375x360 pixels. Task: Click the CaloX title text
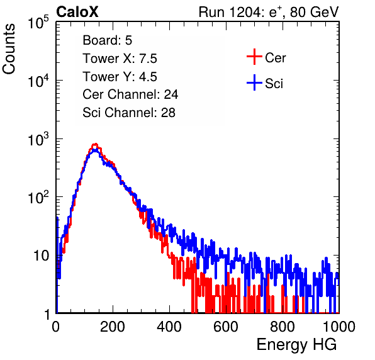tap(77, 12)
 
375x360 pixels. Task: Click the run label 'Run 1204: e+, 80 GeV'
tap(269, 12)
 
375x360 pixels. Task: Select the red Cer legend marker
tap(254, 57)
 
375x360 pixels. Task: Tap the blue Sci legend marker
tap(254, 83)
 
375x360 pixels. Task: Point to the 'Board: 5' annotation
tap(108, 40)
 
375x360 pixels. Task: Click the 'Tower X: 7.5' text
tap(120, 59)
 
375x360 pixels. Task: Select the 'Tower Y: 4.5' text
tap(120, 77)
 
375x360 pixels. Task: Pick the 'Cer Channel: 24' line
tap(130, 94)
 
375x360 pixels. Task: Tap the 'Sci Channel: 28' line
tap(129, 113)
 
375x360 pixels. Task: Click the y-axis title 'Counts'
tap(9, 49)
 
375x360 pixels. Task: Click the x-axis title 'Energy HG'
tap(296, 345)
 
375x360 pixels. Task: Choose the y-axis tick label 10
tap(41, 256)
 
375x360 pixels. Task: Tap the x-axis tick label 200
tap(113, 327)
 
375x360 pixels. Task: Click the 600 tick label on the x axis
tap(226, 327)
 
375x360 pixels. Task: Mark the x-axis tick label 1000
tap(339, 327)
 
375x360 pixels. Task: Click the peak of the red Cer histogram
tap(95, 144)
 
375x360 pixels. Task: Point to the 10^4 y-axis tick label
tap(38, 81)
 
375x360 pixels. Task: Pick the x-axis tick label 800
tap(283, 327)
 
